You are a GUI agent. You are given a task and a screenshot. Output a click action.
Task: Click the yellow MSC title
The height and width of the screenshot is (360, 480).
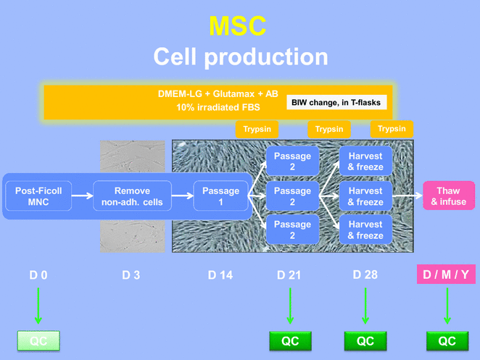[x=237, y=25]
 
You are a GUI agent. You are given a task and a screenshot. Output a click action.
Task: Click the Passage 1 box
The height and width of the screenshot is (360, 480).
[x=220, y=196]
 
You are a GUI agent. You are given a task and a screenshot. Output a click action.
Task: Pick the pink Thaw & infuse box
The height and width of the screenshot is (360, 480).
[x=449, y=196]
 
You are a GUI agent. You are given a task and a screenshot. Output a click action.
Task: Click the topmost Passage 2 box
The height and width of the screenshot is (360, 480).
[x=292, y=162]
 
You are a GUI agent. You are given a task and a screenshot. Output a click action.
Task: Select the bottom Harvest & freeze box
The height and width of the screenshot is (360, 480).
[x=365, y=230]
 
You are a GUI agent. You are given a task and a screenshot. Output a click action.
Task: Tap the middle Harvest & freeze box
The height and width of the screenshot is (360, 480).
[x=365, y=196]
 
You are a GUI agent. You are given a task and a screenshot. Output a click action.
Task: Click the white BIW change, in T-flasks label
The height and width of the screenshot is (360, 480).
[x=336, y=102]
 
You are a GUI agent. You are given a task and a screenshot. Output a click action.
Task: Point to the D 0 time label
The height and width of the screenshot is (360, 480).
[x=38, y=275]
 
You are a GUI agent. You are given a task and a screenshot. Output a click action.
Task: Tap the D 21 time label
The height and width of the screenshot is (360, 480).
[x=291, y=275]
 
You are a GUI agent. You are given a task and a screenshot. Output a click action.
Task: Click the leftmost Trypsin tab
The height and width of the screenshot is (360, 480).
[x=257, y=129]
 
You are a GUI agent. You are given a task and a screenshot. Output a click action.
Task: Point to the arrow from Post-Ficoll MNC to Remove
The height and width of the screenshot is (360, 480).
[x=83, y=196]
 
